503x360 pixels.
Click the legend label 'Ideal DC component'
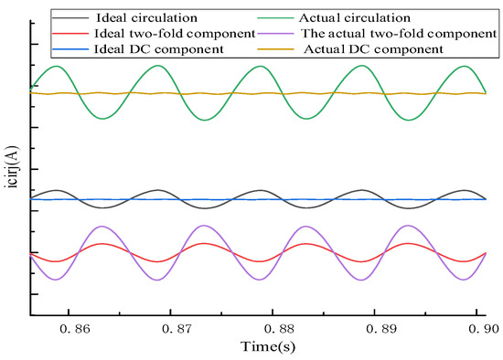point(139,48)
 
